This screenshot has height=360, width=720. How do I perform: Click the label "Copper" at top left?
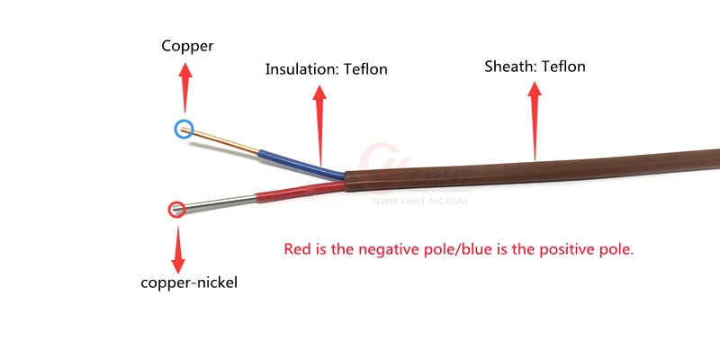[x=187, y=47]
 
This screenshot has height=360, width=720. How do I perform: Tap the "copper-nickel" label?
[x=189, y=283]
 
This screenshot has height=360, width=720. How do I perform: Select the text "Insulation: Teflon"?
[x=326, y=69]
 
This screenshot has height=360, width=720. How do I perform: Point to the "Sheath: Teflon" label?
[x=535, y=67]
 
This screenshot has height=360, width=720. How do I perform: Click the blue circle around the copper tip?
[x=184, y=130]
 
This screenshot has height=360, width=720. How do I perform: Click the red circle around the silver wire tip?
[x=176, y=210]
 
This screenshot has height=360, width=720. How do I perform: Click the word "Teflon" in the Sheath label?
[x=563, y=67]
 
